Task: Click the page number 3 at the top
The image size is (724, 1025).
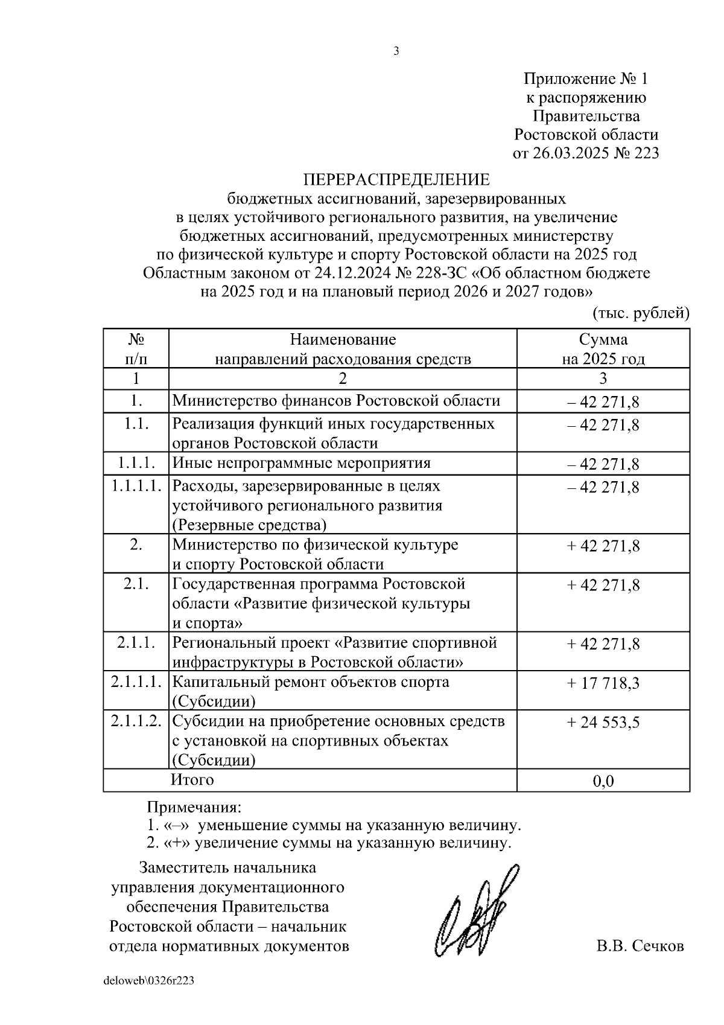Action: click(396, 51)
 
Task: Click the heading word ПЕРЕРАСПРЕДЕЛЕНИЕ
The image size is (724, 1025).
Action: click(396, 179)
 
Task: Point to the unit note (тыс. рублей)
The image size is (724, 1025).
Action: click(641, 313)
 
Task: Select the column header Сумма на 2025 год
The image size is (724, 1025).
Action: click(603, 349)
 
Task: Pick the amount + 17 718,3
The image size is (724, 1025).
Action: click(603, 683)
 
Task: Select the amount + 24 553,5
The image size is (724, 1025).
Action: click(603, 722)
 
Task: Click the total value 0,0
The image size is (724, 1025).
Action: click(603, 781)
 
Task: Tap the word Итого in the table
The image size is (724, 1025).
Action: click(192, 779)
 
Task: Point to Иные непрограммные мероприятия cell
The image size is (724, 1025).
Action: click(302, 463)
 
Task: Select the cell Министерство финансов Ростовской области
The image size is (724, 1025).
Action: click(336, 401)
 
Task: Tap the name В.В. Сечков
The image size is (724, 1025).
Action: click(640, 946)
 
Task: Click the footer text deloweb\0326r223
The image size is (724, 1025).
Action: click(149, 981)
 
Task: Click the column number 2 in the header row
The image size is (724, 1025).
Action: click(343, 379)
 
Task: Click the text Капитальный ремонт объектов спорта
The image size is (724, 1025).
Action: click(311, 682)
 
